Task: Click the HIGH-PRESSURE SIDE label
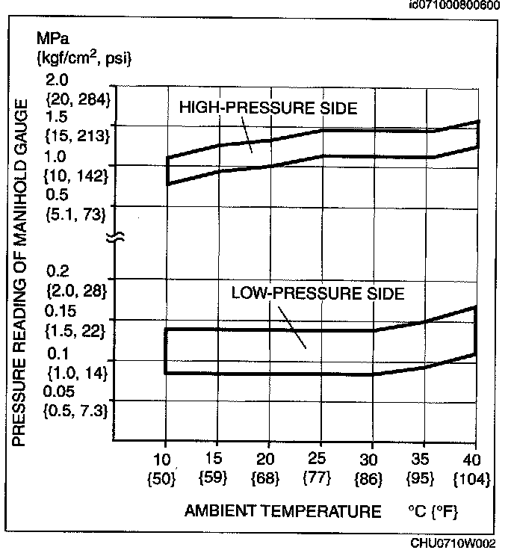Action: click(268, 108)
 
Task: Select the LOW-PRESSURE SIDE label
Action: click(318, 294)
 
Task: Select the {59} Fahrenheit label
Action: click(216, 476)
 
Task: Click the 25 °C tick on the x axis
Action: click(320, 457)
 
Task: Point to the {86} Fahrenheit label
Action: click(372, 476)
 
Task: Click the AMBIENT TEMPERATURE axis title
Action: click(282, 512)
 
